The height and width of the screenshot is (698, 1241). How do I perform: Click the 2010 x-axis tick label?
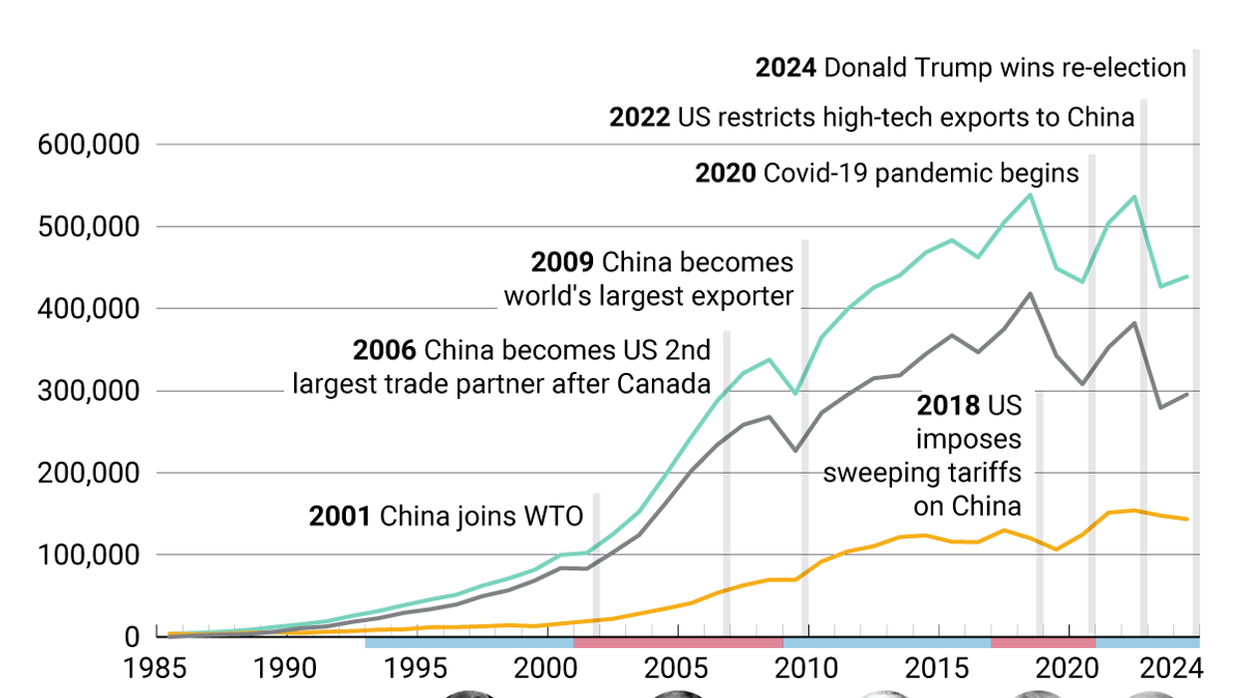[806, 667]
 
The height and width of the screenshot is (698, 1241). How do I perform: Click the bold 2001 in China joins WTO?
[340, 517]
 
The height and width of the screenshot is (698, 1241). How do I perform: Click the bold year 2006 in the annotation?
[385, 351]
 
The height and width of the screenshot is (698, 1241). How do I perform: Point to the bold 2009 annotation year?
[562, 263]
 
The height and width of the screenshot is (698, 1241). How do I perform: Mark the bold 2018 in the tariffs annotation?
[949, 406]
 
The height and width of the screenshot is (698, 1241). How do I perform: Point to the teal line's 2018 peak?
[1030, 194]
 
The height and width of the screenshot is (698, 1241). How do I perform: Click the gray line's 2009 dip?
[794, 451]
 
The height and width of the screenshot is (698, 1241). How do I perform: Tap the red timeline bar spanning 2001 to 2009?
[678, 643]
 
